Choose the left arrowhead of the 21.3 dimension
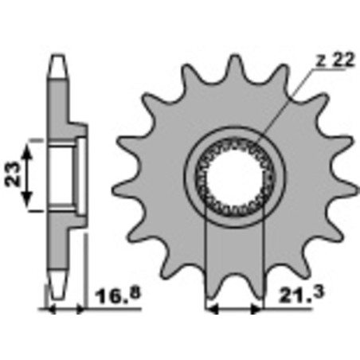(x=211, y=306)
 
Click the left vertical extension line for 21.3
(x=207, y=263)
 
